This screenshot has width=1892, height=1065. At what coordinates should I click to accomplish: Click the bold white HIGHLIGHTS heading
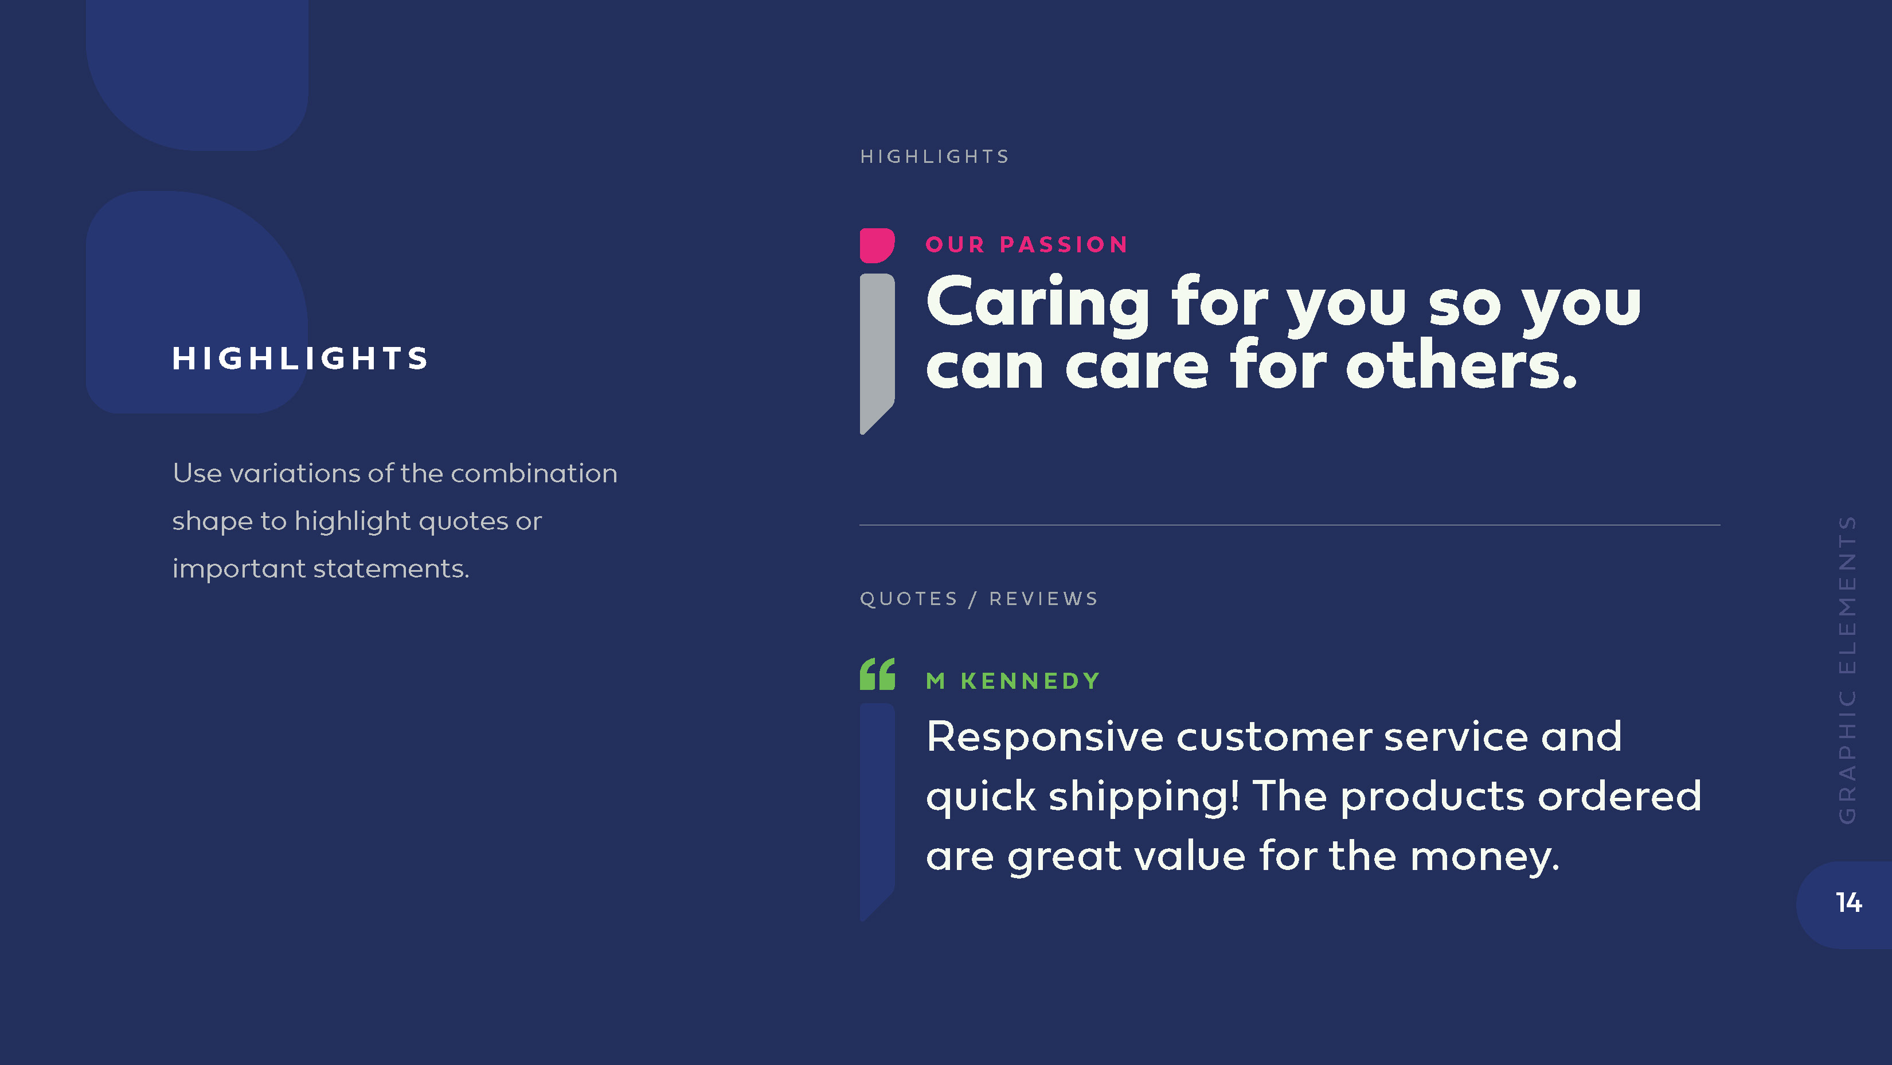[x=300, y=358]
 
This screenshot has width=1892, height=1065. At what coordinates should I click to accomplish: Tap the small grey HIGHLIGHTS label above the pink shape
[x=935, y=157]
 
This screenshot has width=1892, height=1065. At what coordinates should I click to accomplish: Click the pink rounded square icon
[x=877, y=245]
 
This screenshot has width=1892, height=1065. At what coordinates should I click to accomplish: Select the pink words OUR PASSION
[x=1026, y=244]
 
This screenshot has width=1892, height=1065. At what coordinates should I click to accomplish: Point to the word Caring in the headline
[x=1038, y=303]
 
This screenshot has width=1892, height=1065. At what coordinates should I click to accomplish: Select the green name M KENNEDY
[x=1013, y=681]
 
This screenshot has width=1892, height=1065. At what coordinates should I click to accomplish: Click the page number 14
[x=1848, y=903]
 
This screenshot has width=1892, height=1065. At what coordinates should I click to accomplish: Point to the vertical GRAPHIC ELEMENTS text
[x=1848, y=670]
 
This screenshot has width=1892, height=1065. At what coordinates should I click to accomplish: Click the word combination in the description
[x=534, y=474]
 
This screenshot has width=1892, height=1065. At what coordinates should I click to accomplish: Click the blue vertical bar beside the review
[x=877, y=811]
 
